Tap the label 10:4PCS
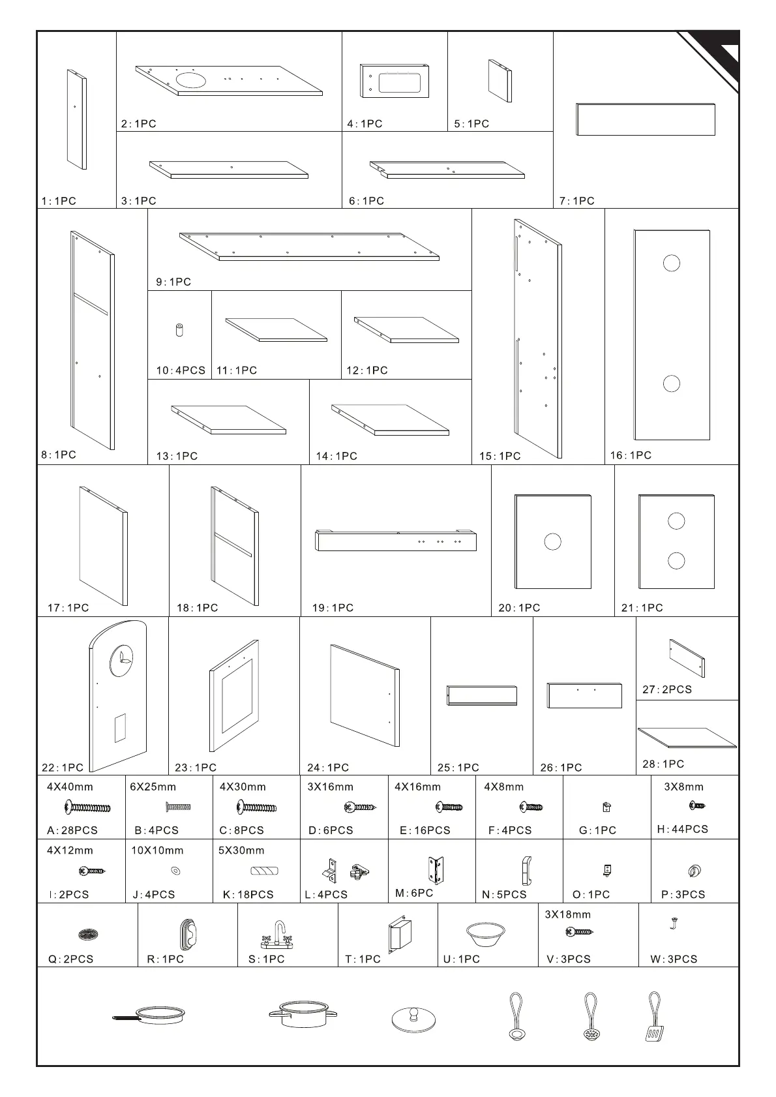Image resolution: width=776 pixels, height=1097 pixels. [x=181, y=370]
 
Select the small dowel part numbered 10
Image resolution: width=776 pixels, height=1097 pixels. [x=179, y=329]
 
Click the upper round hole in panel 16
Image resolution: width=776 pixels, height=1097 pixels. [x=671, y=263]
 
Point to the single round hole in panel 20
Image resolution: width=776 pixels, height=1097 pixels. [x=552, y=541]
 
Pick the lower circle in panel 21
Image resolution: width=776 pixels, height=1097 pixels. [x=676, y=560]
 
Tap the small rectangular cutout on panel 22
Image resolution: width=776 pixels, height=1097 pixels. [x=120, y=728]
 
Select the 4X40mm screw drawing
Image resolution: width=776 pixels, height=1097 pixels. [x=87, y=809]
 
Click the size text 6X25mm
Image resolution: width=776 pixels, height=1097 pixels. [x=153, y=787]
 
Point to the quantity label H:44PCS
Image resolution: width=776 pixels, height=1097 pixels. [x=682, y=829]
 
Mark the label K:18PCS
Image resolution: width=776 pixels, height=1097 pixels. [x=248, y=895]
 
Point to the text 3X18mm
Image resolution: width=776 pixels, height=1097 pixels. [x=567, y=914]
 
